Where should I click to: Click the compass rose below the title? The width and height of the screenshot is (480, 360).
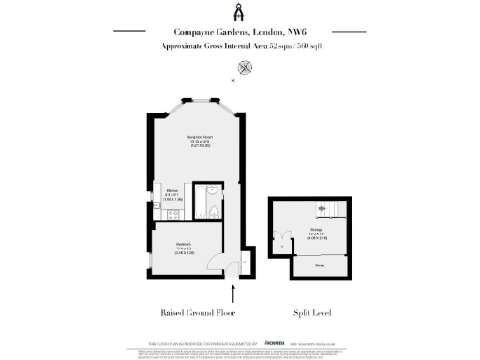click(x=246, y=67)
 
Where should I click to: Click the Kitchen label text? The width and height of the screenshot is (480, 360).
click(x=172, y=191)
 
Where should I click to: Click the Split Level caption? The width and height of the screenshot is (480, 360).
click(x=313, y=312)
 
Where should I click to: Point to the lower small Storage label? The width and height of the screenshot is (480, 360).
click(x=319, y=266)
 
